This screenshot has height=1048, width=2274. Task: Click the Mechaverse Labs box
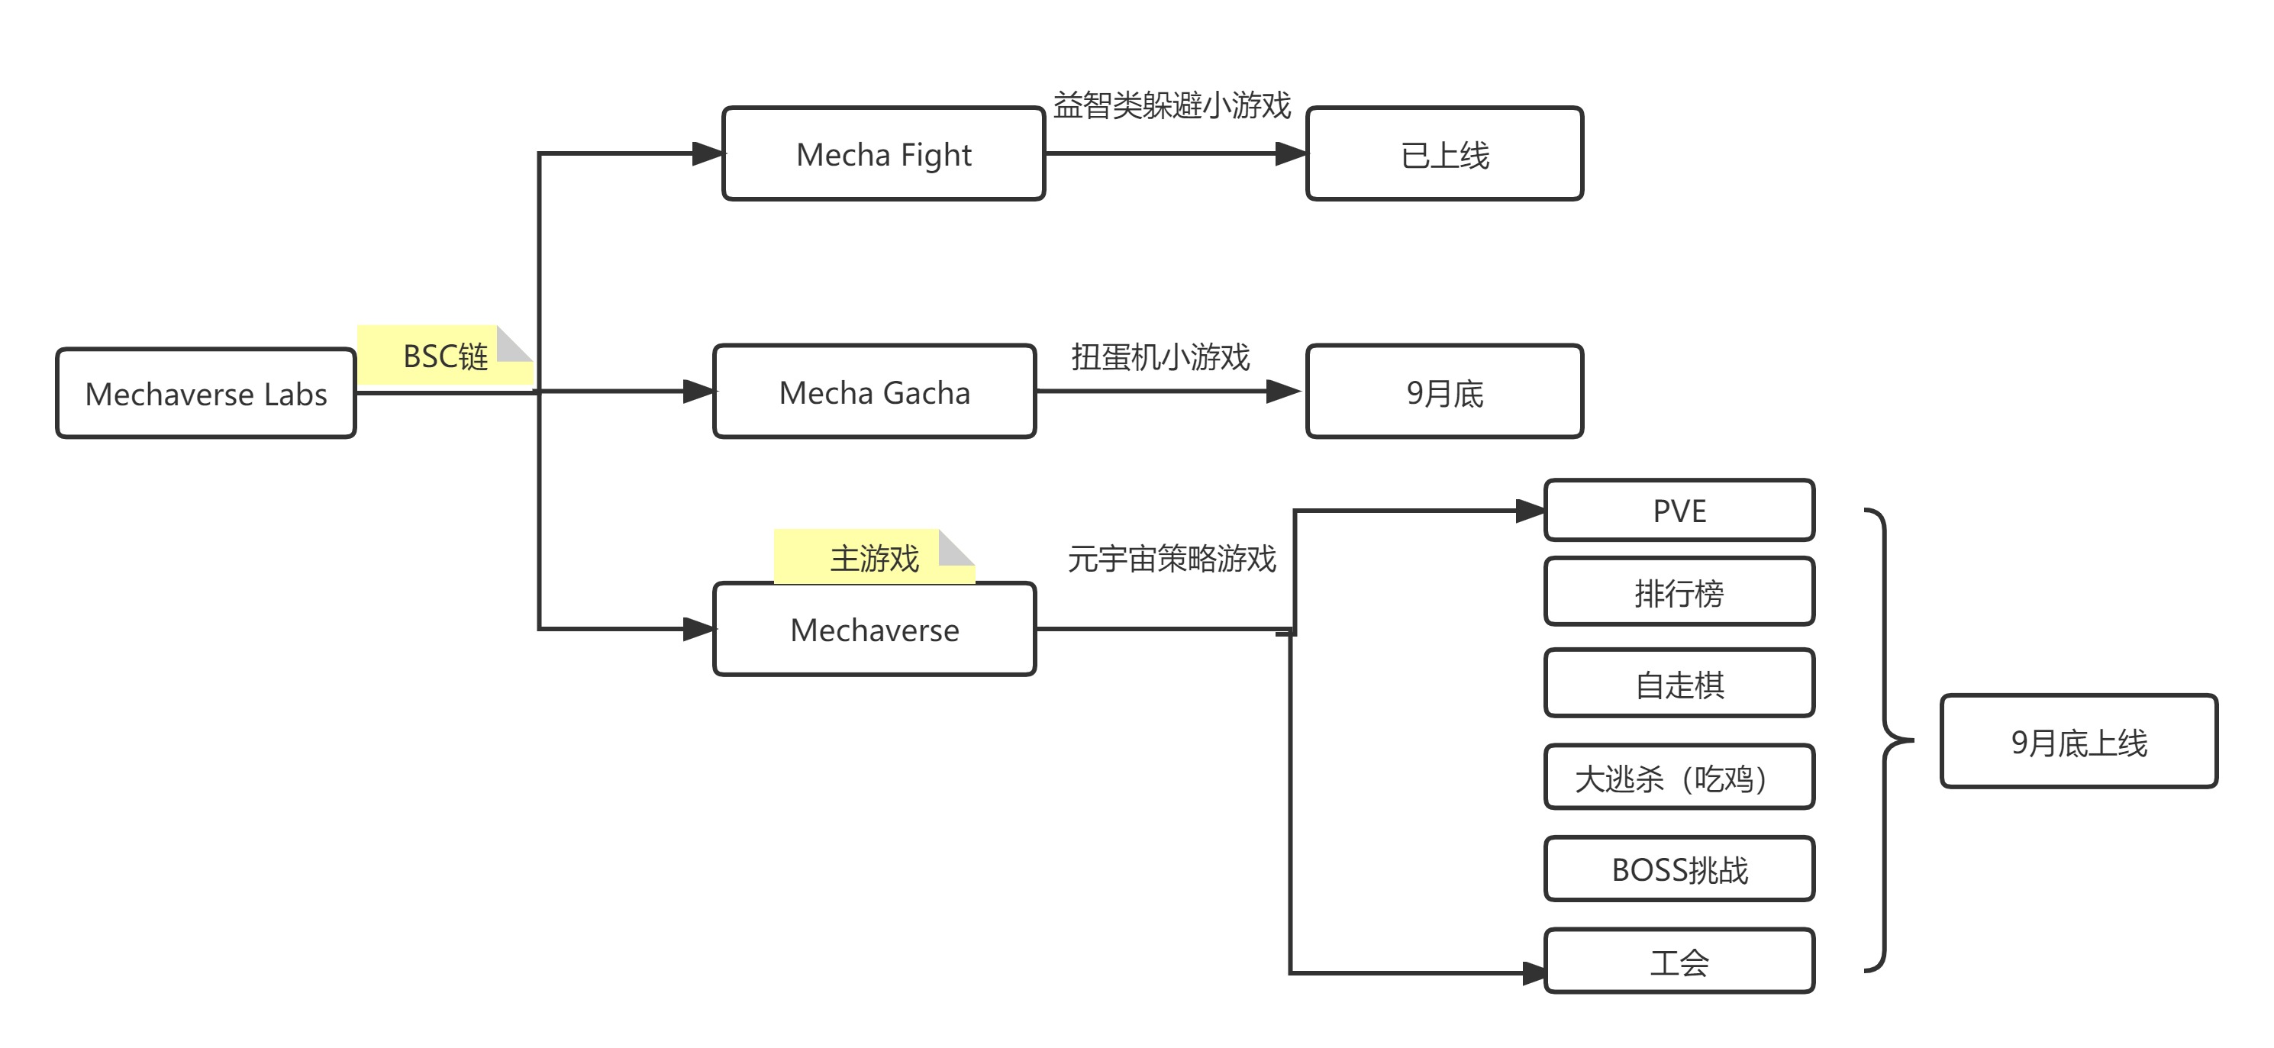point(205,393)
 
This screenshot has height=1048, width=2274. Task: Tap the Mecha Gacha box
point(874,391)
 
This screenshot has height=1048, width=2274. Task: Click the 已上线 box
point(1444,153)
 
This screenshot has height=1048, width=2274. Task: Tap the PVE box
point(1679,511)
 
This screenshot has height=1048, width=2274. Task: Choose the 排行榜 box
point(1679,592)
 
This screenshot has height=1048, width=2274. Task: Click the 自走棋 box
point(1679,683)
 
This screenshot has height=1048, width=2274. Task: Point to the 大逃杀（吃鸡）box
point(1679,777)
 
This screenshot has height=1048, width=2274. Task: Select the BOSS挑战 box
point(1679,869)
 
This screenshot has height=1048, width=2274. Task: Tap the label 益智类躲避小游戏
point(1172,105)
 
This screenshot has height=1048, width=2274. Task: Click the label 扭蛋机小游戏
point(1160,356)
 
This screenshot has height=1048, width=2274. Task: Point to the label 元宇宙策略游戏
point(1172,558)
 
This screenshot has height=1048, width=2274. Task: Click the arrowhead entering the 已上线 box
point(1291,153)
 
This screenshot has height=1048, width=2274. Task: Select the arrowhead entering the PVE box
point(1529,511)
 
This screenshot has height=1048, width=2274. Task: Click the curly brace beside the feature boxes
point(1887,740)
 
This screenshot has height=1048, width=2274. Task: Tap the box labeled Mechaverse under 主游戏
point(874,629)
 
